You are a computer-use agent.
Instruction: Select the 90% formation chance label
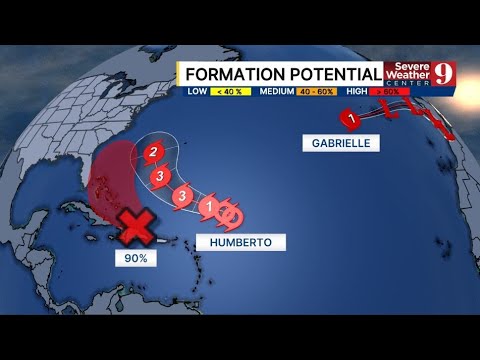[137, 258]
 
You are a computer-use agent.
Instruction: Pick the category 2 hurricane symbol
[153, 153]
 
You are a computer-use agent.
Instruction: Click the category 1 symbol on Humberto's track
[208, 208]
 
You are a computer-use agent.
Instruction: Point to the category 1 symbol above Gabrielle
[350, 119]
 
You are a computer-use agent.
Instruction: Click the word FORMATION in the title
[233, 75]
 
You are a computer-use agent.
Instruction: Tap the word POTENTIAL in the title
[334, 75]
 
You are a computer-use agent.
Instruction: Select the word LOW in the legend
[196, 92]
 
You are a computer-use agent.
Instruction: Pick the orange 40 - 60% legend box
[319, 92]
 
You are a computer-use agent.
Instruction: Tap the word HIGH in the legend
[356, 92]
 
